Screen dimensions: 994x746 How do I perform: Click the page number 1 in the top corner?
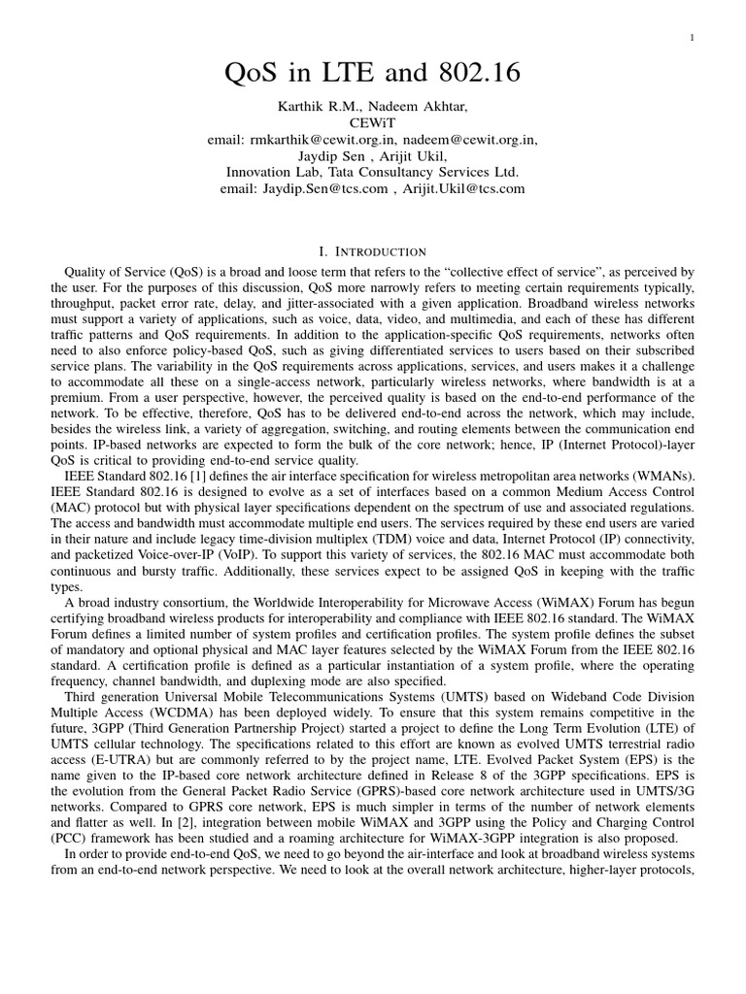point(692,38)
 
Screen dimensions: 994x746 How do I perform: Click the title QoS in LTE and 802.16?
point(373,74)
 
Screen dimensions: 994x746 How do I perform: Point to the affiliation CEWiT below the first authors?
point(373,123)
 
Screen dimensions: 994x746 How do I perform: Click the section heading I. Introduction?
point(373,251)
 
